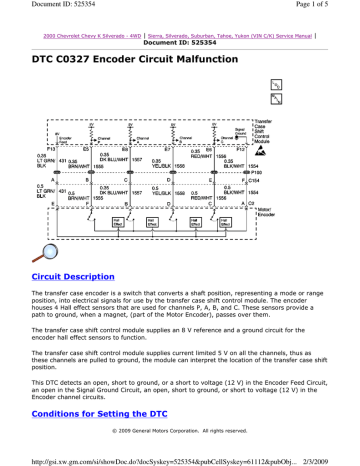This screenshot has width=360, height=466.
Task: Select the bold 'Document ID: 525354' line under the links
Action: (180, 44)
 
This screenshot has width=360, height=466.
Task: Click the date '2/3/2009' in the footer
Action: (337, 458)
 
